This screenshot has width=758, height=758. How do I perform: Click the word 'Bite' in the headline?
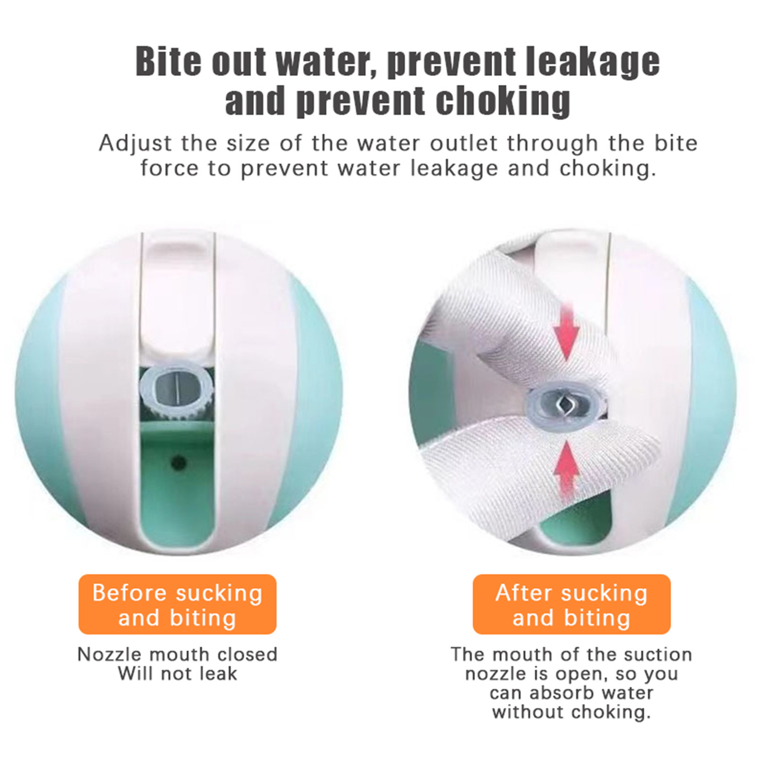168,62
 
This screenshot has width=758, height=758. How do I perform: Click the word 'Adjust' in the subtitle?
133,144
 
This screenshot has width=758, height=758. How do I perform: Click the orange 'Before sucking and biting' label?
177,604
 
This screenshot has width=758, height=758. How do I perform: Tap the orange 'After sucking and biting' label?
571,604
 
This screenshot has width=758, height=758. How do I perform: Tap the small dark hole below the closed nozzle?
179,462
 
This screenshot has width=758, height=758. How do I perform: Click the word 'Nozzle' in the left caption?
110,654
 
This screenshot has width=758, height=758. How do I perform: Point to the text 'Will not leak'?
177,673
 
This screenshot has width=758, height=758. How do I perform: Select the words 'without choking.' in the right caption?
571,712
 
